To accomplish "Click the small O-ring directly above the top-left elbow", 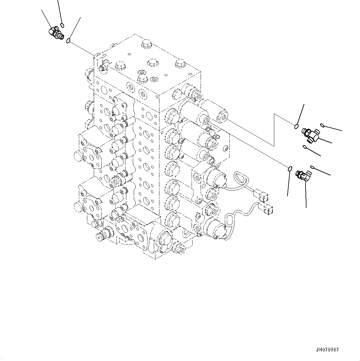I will pos(62,25).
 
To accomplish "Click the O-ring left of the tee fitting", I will pos(296,126).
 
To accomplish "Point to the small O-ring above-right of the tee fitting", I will pos(323,125).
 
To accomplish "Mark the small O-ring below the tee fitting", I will pos(305,147).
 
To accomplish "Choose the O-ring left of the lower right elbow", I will pos(289,169).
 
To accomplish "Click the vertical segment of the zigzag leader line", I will pos(274,130).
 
